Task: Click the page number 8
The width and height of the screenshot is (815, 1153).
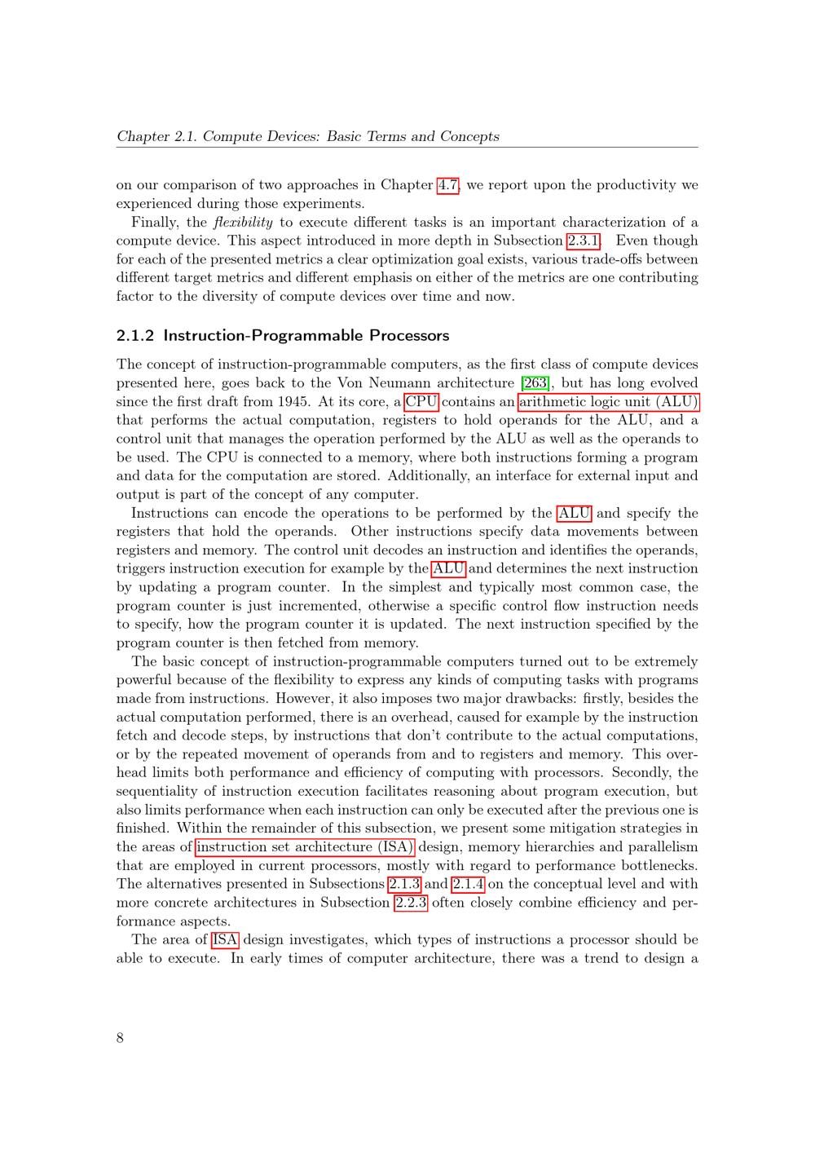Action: point(121,1037)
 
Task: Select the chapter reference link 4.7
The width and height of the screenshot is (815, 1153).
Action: point(448,185)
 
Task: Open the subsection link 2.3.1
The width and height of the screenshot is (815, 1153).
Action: point(583,241)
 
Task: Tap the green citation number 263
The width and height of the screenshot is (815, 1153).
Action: point(535,383)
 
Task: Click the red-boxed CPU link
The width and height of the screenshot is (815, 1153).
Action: point(421,402)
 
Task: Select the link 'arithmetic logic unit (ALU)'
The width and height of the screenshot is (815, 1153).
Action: point(608,402)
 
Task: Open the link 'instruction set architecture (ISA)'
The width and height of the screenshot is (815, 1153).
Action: point(305,847)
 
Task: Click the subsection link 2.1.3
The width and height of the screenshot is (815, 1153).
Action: point(404,884)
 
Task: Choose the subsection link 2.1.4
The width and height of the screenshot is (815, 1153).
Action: point(468,884)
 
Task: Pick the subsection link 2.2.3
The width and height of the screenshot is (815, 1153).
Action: point(411,903)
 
